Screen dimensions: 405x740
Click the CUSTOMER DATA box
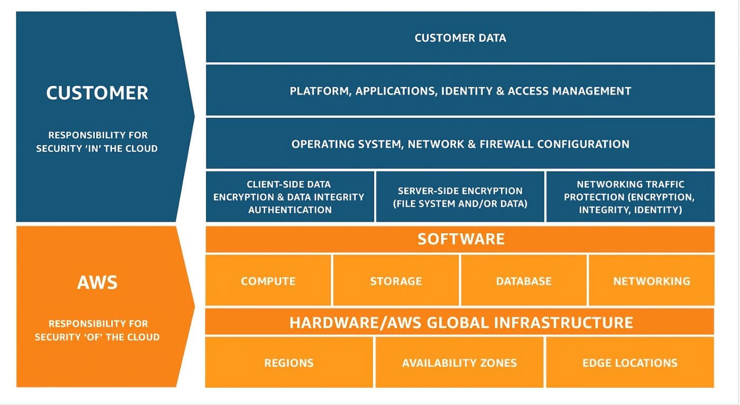pyautogui.click(x=460, y=37)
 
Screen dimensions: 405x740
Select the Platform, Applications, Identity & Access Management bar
pyautogui.click(x=460, y=91)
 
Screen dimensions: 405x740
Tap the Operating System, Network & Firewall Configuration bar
pyautogui.click(x=460, y=144)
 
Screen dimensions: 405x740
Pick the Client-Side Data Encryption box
pyautogui.click(x=290, y=197)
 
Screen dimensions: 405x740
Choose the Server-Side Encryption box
pyautogui.click(x=460, y=197)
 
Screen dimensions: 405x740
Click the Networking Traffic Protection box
pyautogui.click(x=630, y=197)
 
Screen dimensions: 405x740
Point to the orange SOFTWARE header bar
pyautogui.click(x=460, y=239)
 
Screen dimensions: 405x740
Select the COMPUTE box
pyautogui.click(x=268, y=281)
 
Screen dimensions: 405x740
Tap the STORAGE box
pyautogui.click(x=396, y=281)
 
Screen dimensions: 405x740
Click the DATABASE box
pyautogui.click(x=523, y=281)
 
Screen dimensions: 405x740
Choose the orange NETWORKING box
pyautogui.click(x=651, y=281)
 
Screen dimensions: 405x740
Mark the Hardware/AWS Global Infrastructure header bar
pyautogui.click(x=460, y=322)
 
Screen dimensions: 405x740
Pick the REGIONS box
pyautogui.click(x=289, y=363)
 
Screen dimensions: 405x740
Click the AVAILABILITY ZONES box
pyautogui.click(x=459, y=363)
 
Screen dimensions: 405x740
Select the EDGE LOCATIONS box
pyautogui.click(x=630, y=363)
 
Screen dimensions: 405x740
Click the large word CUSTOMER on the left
pyautogui.click(x=97, y=93)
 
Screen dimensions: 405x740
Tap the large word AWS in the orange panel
pyautogui.click(x=97, y=282)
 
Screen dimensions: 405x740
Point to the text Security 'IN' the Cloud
pyautogui.click(x=97, y=148)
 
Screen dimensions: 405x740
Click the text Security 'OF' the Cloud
pyautogui.click(x=97, y=337)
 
